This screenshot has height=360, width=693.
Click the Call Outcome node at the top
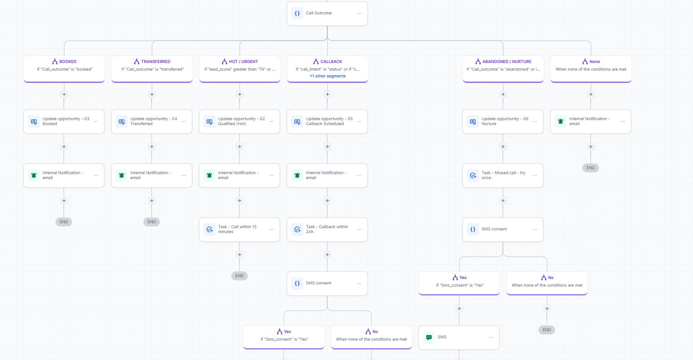click(x=327, y=13)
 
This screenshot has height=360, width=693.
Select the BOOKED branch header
click(x=64, y=69)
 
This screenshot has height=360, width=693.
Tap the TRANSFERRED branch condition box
click(x=152, y=69)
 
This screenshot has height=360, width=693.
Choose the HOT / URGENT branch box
click(x=240, y=69)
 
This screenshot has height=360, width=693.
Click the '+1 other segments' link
click(x=327, y=76)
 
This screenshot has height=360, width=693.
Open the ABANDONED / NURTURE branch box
click(x=503, y=69)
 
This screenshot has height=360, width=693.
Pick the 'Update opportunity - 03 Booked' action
click(x=64, y=121)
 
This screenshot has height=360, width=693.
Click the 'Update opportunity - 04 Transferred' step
click(x=152, y=121)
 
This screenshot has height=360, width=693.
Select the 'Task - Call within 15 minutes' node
click(x=240, y=229)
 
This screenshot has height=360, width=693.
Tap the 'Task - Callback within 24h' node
click(x=327, y=229)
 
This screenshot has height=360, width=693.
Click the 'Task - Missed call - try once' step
click(x=503, y=175)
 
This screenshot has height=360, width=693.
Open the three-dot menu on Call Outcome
click(x=359, y=13)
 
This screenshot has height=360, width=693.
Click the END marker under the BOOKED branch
click(x=64, y=222)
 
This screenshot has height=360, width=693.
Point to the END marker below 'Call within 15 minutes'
click(x=239, y=276)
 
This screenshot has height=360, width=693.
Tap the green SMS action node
click(x=459, y=337)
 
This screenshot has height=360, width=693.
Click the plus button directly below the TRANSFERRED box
click(x=152, y=94)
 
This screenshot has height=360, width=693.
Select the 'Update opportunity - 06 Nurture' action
click(x=503, y=121)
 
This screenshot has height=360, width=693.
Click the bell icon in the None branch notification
click(x=561, y=121)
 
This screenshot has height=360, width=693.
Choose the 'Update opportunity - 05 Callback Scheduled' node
click(x=327, y=121)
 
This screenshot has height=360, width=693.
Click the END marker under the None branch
click(x=590, y=168)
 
